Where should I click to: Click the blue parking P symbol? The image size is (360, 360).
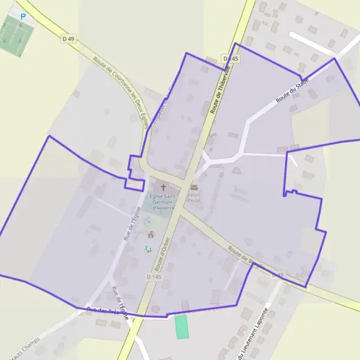click(x=23, y=17)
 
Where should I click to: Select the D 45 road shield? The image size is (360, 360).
click(x=230, y=58)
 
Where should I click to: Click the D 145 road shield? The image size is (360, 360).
click(x=154, y=277)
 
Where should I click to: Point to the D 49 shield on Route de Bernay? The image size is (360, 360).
click(x=277, y=274)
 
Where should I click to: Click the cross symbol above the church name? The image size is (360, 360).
click(x=163, y=188)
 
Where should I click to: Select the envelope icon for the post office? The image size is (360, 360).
click(x=194, y=188)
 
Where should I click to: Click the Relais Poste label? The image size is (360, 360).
click(x=194, y=197)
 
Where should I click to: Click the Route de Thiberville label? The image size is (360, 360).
click(x=220, y=90)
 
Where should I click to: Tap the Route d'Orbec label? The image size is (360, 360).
click(x=163, y=251)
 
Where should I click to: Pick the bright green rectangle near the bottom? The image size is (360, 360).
click(x=181, y=327)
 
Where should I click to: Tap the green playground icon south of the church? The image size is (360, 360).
click(x=148, y=248)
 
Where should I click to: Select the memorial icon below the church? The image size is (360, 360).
click(x=150, y=234)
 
